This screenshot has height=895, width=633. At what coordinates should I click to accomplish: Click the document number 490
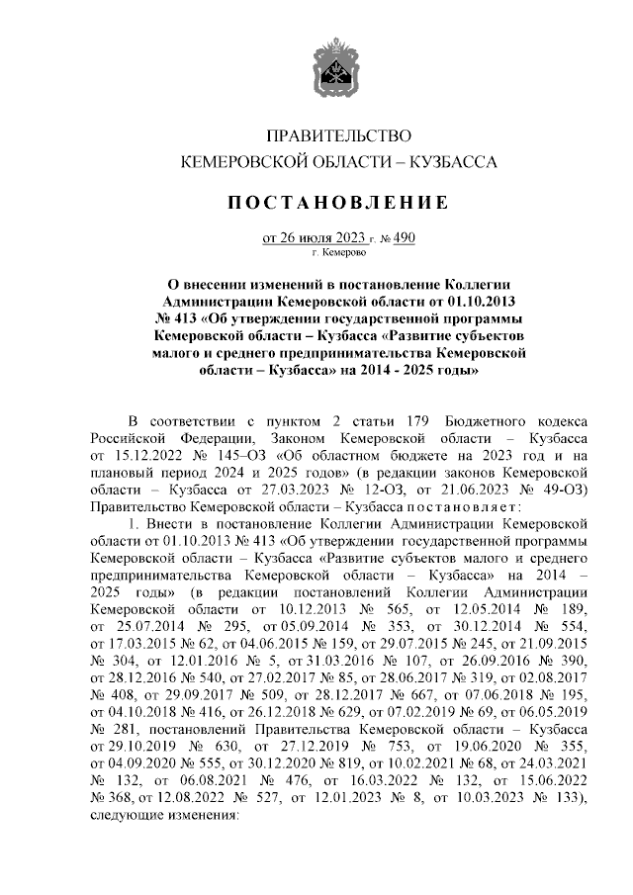tap(406, 237)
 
